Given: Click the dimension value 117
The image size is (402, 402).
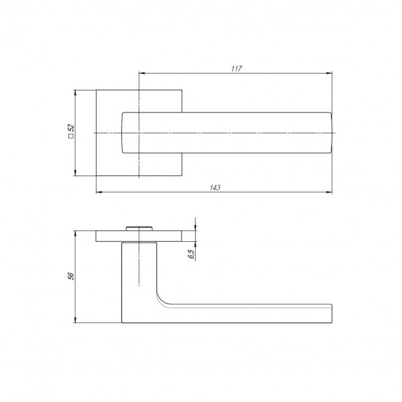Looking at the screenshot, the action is coord(237,69).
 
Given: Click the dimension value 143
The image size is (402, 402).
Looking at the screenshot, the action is coord(215,188).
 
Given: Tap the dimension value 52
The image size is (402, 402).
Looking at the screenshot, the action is coord(71,128).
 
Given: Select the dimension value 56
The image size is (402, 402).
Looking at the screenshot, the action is coord(71,276).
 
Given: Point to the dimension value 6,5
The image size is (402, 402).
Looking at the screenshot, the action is coord(192,254).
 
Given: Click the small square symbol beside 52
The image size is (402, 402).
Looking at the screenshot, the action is coord(71,136).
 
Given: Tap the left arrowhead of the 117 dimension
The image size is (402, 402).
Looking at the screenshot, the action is coord(142,73).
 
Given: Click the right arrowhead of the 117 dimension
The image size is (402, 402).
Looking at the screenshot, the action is coord(329,73).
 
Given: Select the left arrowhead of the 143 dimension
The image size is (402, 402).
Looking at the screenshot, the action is coord(99,192).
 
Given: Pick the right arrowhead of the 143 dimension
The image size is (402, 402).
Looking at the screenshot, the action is coord(329,192).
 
